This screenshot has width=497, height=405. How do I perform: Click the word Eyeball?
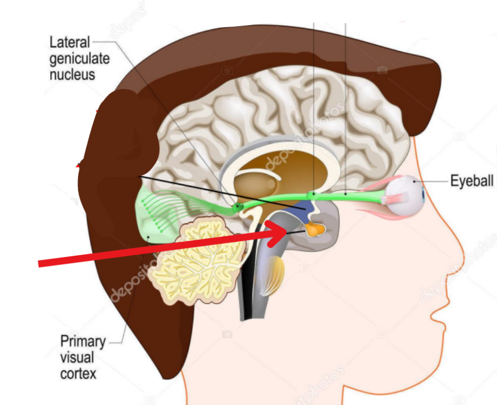click(472, 181)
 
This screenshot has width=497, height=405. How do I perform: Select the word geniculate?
click(79, 58)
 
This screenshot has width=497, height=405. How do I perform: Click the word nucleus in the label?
click(72, 74)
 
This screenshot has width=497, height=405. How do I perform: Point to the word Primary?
click(83, 341)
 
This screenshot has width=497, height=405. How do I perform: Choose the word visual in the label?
click(75, 357)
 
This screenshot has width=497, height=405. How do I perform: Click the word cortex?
click(78, 373)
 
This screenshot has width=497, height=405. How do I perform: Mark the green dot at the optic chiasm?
click(311, 195)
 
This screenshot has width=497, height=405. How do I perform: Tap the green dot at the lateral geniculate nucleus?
click(237, 207)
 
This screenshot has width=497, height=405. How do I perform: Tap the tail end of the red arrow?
click(41, 264)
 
